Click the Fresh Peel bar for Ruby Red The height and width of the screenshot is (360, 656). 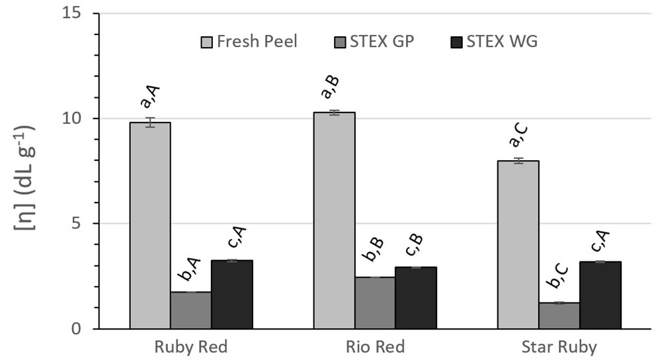point(149,226)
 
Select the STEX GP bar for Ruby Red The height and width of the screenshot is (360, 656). point(190,310)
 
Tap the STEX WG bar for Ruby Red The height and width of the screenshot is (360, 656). point(231,294)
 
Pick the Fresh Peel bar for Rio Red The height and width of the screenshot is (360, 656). point(334,220)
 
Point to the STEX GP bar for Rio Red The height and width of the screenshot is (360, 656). point(375,303)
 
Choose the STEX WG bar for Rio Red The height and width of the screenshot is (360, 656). point(416,298)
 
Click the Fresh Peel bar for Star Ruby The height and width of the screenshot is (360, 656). point(518,245)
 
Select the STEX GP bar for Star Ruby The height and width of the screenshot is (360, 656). point(559,316)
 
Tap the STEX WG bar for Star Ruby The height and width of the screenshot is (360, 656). point(600,295)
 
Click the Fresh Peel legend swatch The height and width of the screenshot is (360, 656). point(207,42)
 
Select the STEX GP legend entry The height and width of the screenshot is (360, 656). point(374,42)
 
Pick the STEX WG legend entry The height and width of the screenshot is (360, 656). point(494,42)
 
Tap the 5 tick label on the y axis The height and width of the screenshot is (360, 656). point(76,223)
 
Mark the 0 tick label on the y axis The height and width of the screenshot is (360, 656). point(76,329)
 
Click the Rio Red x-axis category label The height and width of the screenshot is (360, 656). point(375,347)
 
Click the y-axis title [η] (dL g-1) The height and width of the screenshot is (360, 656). point(24,177)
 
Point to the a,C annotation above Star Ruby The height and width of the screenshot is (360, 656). point(518,136)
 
